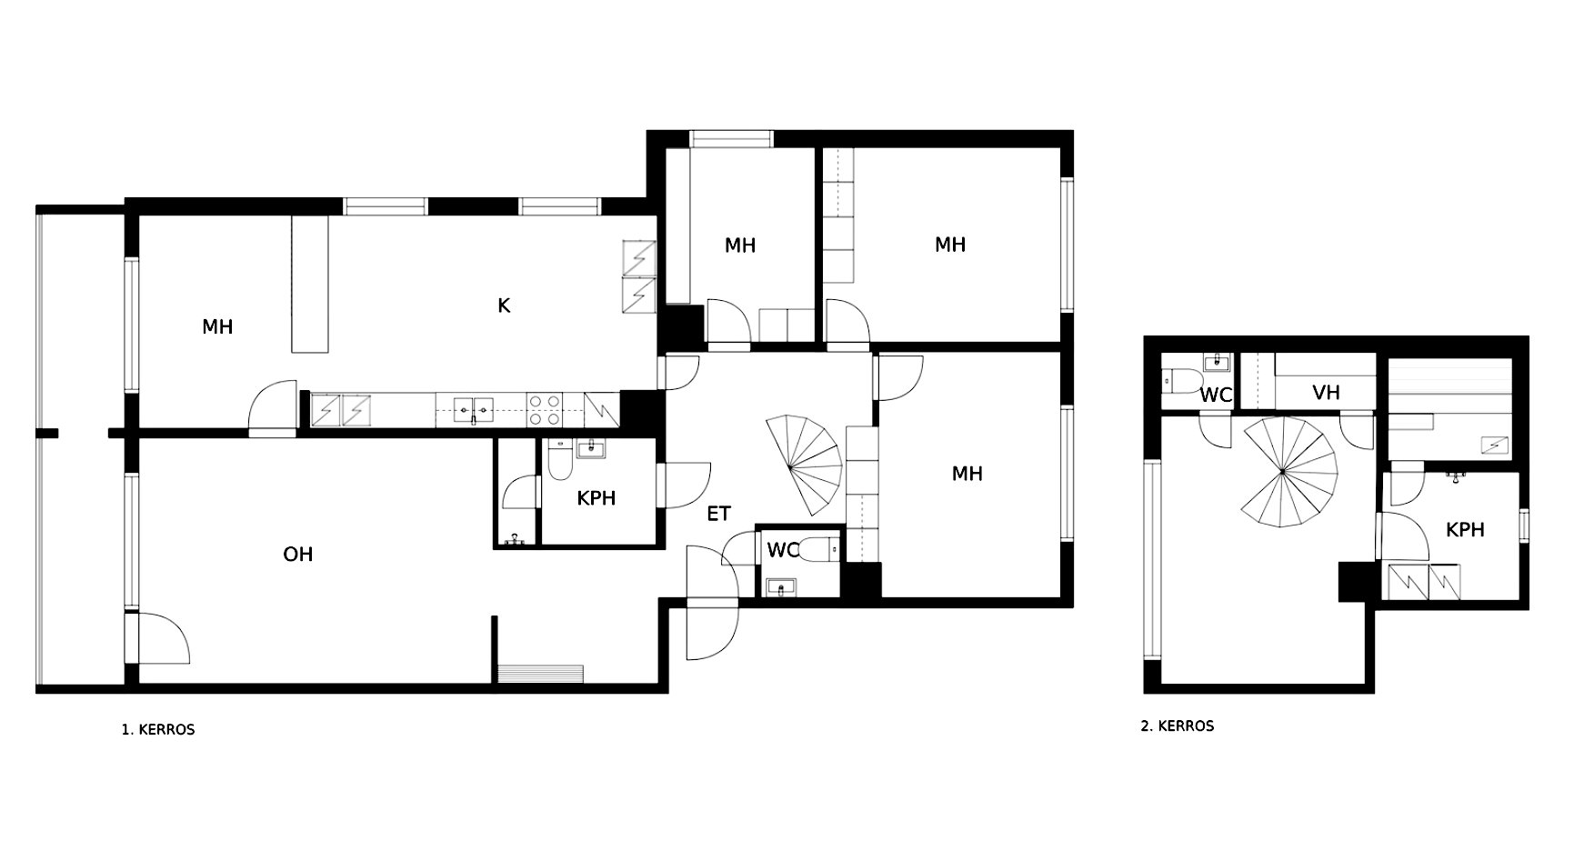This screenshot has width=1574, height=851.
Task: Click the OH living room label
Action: pyautogui.click(x=298, y=554)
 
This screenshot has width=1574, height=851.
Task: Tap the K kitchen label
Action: pyautogui.click(x=504, y=305)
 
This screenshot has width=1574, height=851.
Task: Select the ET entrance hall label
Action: pyautogui.click(x=718, y=514)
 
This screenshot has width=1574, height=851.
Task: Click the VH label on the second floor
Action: pyautogui.click(x=1327, y=393)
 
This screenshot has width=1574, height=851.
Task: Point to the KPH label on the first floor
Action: pyautogui.click(x=597, y=498)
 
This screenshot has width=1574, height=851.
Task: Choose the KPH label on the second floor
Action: pyautogui.click(x=1465, y=529)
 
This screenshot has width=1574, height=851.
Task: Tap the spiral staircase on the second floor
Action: pyautogui.click(x=1282, y=472)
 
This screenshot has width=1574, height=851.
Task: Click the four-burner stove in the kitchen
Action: pyautogui.click(x=545, y=409)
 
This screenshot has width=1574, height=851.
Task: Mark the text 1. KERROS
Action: pyautogui.click(x=158, y=729)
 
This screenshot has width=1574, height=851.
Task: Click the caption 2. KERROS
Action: pyautogui.click(x=1178, y=726)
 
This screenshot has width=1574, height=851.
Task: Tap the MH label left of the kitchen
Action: pyautogui.click(x=217, y=326)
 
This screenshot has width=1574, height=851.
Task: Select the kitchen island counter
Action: pyautogui.click(x=308, y=284)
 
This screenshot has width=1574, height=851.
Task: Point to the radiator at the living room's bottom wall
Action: pyautogui.click(x=541, y=673)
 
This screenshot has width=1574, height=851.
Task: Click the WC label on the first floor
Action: pyautogui.click(x=783, y=550)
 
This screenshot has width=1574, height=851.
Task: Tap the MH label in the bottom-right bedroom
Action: pyautogui.click(x=967, y=473)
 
